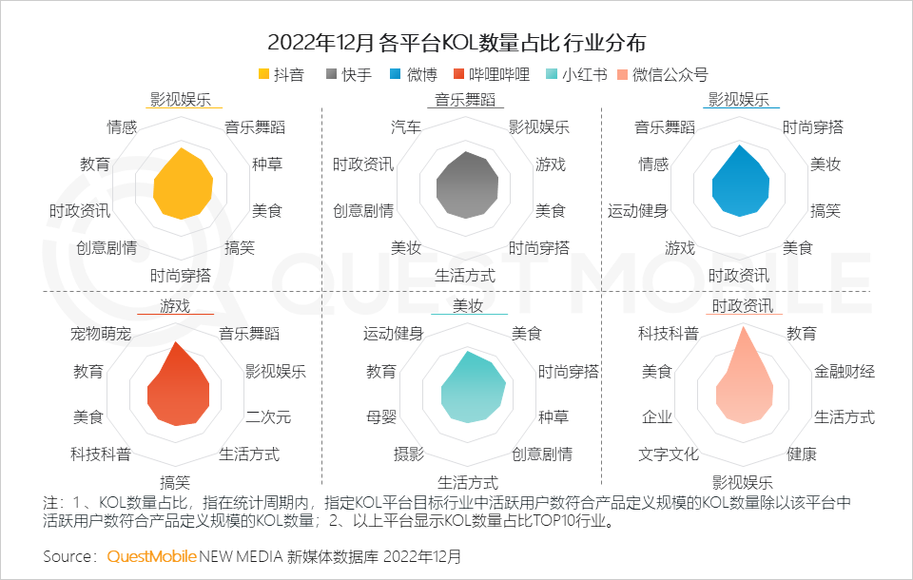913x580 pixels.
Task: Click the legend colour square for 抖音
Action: click(x=264, y=75)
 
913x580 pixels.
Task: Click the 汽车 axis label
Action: click(x=406, y=127)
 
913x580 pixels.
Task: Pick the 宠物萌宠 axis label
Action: click(x=101, y=334)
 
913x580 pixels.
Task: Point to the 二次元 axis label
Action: click(x=267, y=416)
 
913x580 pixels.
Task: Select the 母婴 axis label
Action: click(x=380, y=416)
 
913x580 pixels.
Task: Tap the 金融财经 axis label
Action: click(x=844, y=371)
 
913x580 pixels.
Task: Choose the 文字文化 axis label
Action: click(x=668, y=454)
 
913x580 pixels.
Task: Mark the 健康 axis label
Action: click(x=801, y=454)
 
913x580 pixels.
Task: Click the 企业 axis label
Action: click(x=656, y=416)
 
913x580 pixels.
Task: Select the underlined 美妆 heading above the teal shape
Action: click(x=467, y=306)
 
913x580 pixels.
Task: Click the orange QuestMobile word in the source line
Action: click(x=151, y=555)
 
